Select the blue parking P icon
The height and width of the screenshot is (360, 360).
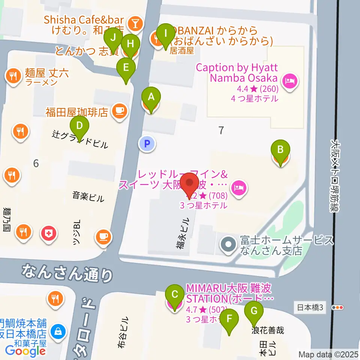pos(147,143)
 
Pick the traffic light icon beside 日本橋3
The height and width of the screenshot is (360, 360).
pos(338,307)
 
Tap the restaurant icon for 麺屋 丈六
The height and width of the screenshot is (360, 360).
pos(14,76)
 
